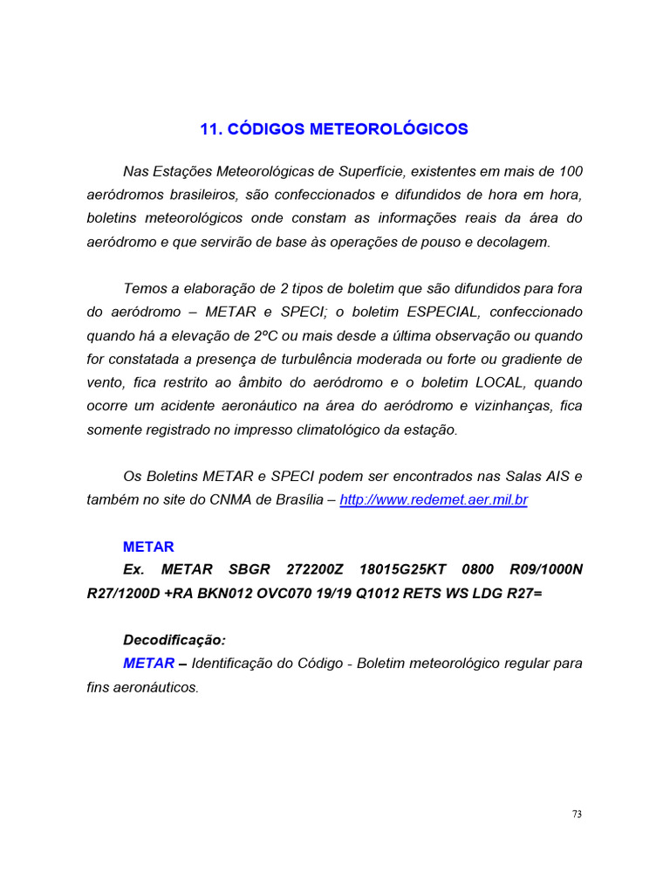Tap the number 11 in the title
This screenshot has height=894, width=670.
[209, 129]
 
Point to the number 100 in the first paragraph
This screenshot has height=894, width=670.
[571, 170]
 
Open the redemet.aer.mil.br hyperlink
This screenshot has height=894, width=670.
[434, 500]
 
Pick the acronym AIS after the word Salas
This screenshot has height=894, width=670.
[550, 477]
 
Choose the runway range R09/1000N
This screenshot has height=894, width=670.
[545, 569]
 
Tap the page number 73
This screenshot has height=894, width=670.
[577, 814]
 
